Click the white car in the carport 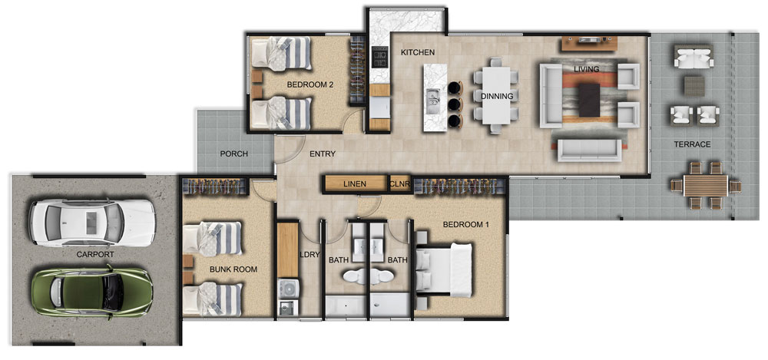click(x=92, y=223)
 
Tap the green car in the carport click(x=92, y=292)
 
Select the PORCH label click(x=233, y=154)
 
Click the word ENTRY click(x=323, y=154)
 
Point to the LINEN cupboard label click(x=355, y=185)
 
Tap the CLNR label click(x=399, y=185)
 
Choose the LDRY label click(x=310, y=254)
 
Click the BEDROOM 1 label click(x=466, y=225)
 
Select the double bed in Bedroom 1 click(x=444, y=270)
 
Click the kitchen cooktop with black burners click(x=379, y=57)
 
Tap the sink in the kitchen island click(x=433, y=101)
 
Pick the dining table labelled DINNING click(x=495, y=95)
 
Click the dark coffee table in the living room click(x=589, y=100)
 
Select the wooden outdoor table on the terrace click(x=705, y=185)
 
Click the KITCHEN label click(x=418, y=52)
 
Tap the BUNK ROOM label click(x=233, y=269)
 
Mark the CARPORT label click(x=95, y=254)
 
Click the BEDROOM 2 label click(x=310, y=84)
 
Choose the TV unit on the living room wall click(x=589, y=44)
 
